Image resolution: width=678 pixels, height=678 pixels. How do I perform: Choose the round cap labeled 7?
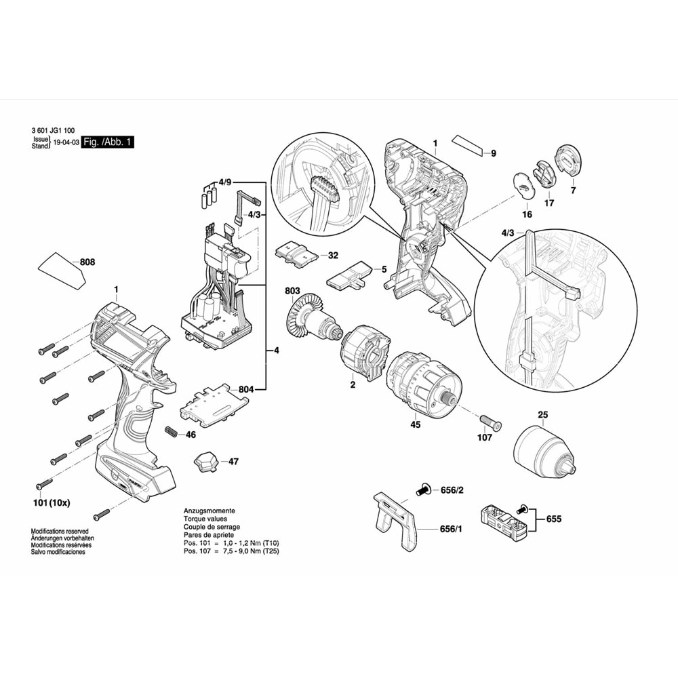568,161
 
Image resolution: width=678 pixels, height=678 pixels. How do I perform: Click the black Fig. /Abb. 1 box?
108,142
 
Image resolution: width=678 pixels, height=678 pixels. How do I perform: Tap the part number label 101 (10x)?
52,503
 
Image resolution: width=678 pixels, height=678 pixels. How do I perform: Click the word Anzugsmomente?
210,511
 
